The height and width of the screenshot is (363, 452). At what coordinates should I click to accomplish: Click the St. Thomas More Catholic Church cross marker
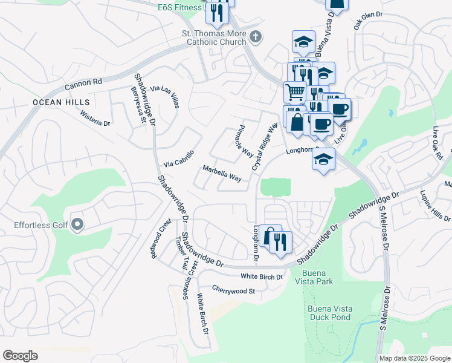[256, 37]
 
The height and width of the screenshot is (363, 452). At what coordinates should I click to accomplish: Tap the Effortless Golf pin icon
[77, 226]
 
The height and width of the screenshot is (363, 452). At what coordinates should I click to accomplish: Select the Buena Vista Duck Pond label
[330, 312]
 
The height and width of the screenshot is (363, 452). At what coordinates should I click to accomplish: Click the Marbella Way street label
[222, 174]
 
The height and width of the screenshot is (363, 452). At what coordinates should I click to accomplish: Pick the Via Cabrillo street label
[179, 159]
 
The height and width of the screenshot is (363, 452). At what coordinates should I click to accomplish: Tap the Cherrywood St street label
[234, 290]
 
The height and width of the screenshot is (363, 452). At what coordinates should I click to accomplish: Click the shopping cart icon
[295, 93]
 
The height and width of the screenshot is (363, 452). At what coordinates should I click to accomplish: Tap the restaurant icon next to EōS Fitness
[216, 12]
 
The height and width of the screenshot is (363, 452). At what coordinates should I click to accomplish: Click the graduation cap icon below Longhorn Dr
[323, 159]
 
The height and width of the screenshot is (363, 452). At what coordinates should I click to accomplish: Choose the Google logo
[20, 356]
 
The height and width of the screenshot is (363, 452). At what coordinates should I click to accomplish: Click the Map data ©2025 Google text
[414, 358]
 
